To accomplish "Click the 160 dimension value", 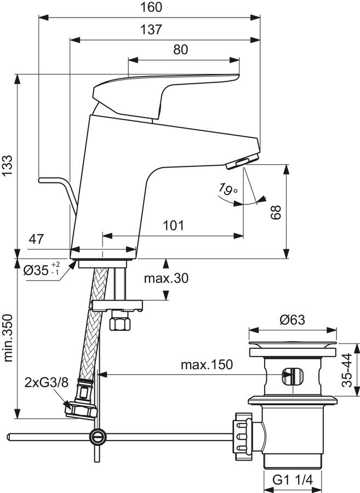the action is tap(151, 7).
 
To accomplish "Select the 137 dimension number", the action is tap(151, 30).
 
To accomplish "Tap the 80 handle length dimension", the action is tap(180, 49).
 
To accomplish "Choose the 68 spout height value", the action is tap(276, 213).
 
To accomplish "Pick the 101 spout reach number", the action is tap(174, 226).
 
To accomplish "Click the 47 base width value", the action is tap(36, 239).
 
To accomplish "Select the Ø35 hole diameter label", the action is tap(42, 270).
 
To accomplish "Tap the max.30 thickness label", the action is tap(166, 278).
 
